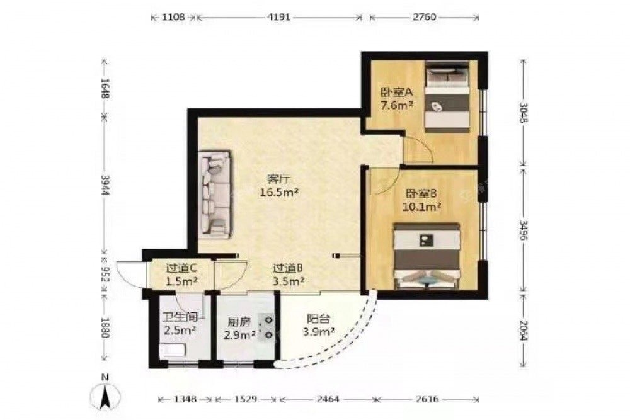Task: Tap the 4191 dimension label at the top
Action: pos(279,17)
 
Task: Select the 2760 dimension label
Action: pos(424,17)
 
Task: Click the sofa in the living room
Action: pos(215,195)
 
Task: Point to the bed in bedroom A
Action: pos(447,96)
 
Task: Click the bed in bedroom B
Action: pos(427,256)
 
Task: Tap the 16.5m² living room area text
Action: pos(279,192)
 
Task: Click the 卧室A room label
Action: pos(397,92)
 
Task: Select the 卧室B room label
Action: pos(421,194)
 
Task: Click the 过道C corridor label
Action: pos(181,268)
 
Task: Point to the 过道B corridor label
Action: pos(288,268)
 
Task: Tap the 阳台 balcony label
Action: pos(319,319)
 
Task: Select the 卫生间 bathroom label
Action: pos(180,317)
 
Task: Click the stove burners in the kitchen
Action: pos(267,327)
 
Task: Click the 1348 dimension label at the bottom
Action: pos(185,399)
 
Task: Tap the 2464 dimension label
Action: pos(328,399)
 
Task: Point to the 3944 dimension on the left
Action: pos(105,185)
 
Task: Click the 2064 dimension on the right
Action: pos(523,330)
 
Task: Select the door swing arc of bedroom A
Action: pos(427,145)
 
